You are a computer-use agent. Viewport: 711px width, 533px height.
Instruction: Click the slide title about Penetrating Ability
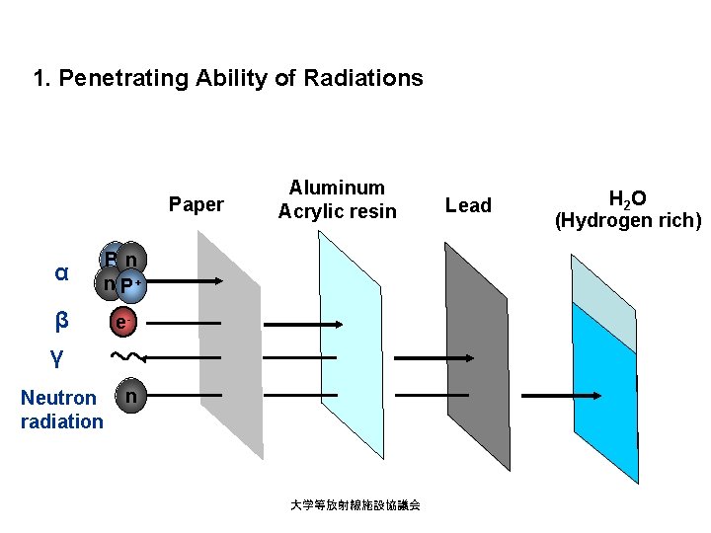[x=227, y=78]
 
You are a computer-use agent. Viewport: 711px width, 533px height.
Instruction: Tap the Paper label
[x=197, y=204]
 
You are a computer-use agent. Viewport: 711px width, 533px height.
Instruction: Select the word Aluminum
[x=337, y=188]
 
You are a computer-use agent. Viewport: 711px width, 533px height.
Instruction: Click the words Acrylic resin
[x=337, y=211]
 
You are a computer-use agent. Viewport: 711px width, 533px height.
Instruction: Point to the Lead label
[x=468, y=205]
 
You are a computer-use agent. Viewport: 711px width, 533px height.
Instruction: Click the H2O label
[x=627, y=198]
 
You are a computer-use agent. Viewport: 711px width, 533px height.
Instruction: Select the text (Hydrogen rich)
[x=627, y=221]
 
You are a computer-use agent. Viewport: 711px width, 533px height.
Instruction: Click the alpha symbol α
[x=61, y=272]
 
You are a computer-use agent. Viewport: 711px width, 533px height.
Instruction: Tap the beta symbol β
[x=61, y=320]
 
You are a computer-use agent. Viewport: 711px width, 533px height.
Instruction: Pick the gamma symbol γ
[x=57, y=356]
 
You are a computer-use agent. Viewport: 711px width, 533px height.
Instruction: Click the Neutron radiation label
[x=61, y=410]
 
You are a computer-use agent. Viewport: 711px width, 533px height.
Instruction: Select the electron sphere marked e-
[x=121, y=322]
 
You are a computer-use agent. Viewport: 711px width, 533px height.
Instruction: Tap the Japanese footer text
[x=355, y=504]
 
